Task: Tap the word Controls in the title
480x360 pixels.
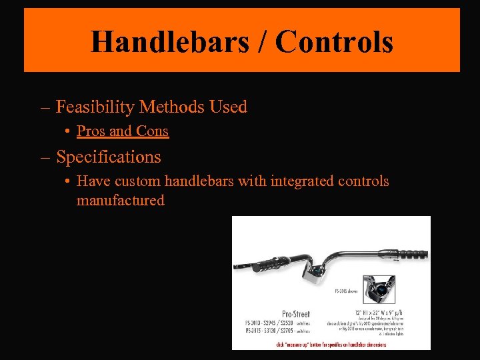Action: coord(333,41)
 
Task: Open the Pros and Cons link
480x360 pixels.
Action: coord(123,131)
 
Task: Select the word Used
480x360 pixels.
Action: coord(229,107)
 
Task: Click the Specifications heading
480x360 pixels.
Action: coord(108,157)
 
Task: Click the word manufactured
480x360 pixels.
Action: coord(120,200)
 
